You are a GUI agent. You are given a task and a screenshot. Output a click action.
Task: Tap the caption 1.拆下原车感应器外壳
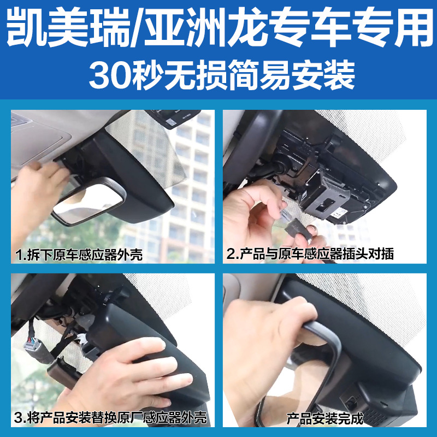coord(79,255)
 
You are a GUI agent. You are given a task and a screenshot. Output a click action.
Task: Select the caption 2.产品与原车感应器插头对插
coord(310,254)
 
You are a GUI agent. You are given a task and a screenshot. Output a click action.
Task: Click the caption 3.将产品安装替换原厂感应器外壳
coord(110,417)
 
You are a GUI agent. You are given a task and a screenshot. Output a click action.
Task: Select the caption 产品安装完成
coord(325,418)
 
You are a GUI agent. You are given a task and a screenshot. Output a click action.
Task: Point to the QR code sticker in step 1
coord(170,122)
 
